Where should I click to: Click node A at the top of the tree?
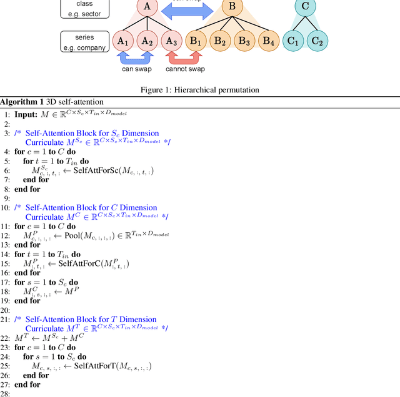[x=147, y=7]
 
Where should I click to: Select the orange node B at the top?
[x=231, y=7]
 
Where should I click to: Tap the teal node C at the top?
[x=305, y=7]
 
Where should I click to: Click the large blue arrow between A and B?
[x=189, y=9]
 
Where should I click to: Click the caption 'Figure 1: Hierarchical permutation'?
[x=199, y=90]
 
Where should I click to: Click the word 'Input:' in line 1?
[x=27, y=114]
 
